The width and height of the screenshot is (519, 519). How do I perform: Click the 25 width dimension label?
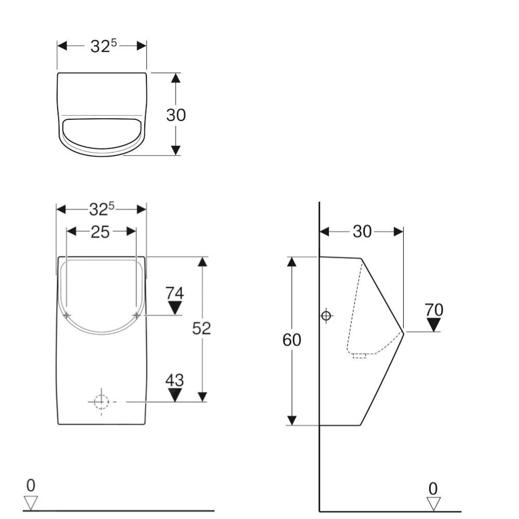(x=100, y=232)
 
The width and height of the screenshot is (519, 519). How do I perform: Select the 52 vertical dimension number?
(x=201, y=328)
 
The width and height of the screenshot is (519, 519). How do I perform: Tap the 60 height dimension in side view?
(x=291, y=340)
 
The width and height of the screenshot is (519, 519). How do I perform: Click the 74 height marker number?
(x=175, y=293)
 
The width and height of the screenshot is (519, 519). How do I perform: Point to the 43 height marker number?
(x=175, y=380)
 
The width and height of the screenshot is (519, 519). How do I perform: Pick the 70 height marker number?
(x=434, y=310)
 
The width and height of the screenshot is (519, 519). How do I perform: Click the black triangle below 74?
(x=175, y=307)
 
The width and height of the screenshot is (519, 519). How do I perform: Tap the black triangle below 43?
(x=175, y=395)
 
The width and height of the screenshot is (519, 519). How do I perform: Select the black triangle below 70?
(x=434, y=325)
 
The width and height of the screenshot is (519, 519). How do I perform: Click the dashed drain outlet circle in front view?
(x=101, y=402)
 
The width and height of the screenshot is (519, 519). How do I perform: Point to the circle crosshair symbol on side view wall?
(x=326, y=316)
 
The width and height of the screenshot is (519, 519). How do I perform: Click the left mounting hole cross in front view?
(x=67, y=315)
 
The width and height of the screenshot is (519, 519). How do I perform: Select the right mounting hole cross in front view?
(x=136, y=315)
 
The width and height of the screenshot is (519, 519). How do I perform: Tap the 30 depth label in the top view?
(x=176, y=115)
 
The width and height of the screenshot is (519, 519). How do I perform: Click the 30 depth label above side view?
(x=362, y=231)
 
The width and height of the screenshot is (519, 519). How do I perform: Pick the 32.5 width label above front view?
(x=101, y=209)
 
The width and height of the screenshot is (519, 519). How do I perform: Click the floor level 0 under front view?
(x=31, y=486)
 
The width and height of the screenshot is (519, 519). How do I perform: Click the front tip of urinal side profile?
(x=403, y=332)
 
